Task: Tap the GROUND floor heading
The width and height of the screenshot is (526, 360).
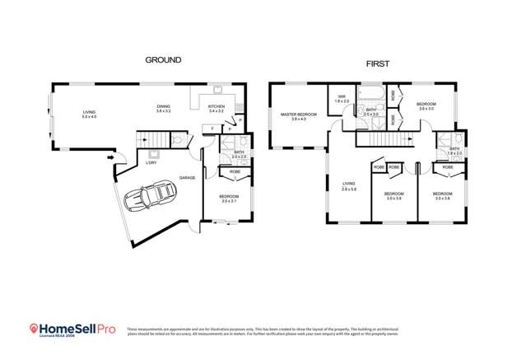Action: point(163,60)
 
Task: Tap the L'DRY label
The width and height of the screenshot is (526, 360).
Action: point(151,162)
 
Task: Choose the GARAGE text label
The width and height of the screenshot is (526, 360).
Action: point(188,177)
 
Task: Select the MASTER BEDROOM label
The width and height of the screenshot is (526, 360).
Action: point(298,115)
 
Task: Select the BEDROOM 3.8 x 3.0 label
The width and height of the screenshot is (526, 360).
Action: point(426,105)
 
